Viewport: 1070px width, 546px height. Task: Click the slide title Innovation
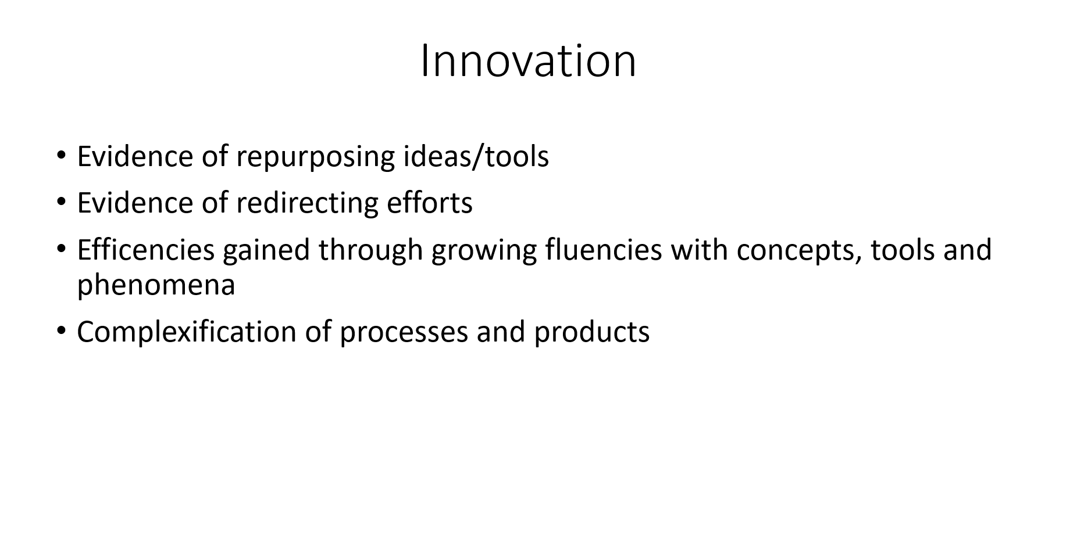pos(528,61)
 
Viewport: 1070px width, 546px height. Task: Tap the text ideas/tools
pos(476,156)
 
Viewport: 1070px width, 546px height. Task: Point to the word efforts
pos(430,203)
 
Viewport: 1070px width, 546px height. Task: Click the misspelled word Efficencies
pos(146,250)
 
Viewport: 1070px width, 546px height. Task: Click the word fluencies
pos(604,250)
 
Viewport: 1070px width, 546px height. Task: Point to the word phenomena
pos(156,285)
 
